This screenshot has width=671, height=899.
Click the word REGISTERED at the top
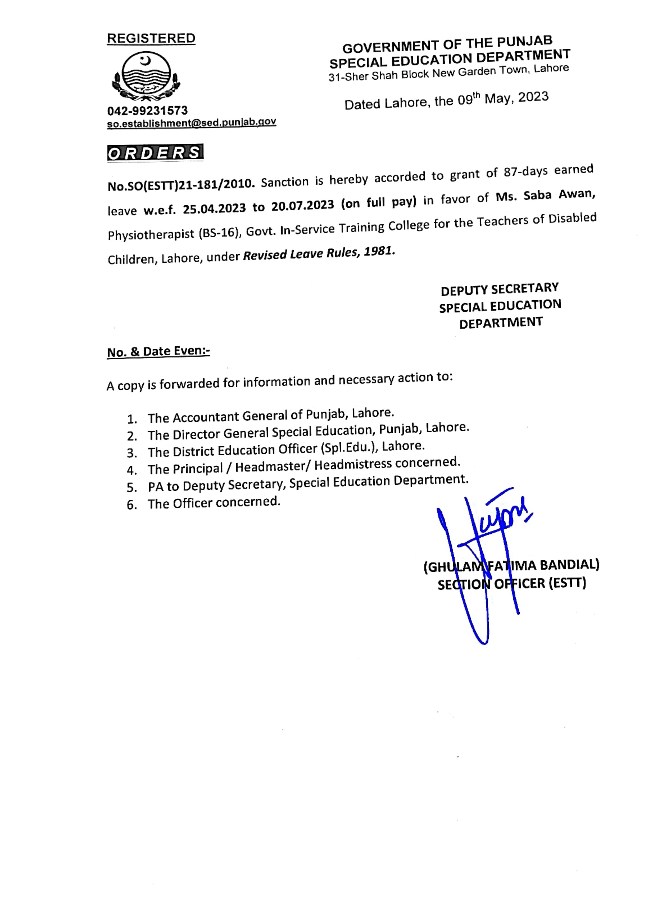151,38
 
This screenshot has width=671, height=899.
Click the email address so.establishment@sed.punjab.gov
191,123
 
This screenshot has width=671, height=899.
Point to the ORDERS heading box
155,153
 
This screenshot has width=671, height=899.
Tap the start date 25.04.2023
214,209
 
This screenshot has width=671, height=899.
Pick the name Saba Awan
559,195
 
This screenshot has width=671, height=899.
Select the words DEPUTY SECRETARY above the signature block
500,289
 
